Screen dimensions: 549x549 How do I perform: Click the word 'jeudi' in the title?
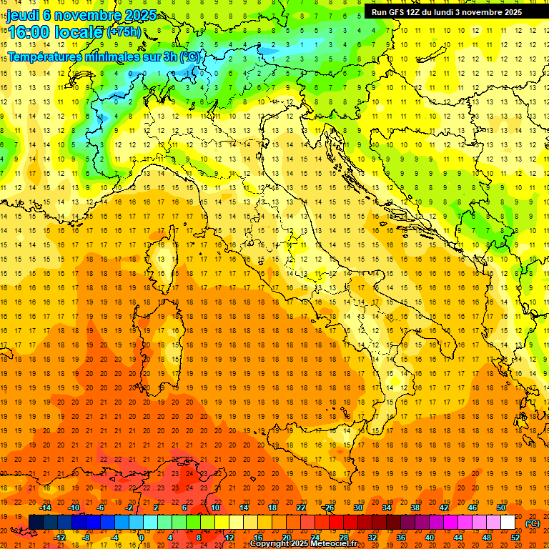[x=21, y=15]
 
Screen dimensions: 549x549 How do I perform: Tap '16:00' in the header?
[x=29, y=31]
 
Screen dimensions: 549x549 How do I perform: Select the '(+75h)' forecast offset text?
[x=124, y=32]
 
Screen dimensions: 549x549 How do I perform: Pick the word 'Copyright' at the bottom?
[x=269, y=544]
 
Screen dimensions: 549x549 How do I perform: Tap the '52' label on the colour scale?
[x=515, y=538]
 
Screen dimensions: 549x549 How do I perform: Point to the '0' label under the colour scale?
[x=142, y=538]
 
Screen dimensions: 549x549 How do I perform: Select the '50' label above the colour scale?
[x=501, y=508]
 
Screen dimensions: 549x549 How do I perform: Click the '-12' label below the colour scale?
[x=60, y=538]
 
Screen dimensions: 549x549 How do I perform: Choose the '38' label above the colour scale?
[x=415, y=508]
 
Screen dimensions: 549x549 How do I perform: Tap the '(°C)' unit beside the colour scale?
[x=533, y=523]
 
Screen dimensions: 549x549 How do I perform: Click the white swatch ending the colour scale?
[x=508, y=523]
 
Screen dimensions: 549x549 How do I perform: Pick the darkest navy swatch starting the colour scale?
[x=36, y=523]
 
